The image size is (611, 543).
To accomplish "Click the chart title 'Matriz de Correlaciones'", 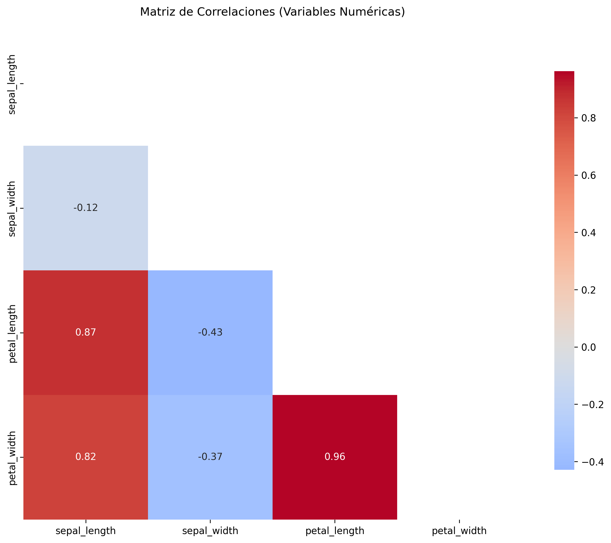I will tap(272, 12).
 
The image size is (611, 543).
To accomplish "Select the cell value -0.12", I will tap(86, 207).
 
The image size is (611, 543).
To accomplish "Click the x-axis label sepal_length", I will tap(86, 531).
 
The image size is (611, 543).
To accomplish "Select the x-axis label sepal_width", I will tap(210, 531).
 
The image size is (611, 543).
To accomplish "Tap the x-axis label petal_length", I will tap(335, 531).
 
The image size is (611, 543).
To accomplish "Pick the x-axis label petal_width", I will tap(459, 531).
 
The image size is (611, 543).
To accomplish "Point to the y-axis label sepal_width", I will tap(12, 209).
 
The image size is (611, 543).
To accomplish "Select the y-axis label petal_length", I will tap(12, 334).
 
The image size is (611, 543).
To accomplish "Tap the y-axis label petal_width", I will tap(12, 458).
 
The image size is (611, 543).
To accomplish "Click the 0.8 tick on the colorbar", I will tap(588, 118).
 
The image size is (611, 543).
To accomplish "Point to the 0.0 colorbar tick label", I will tap(588, 347).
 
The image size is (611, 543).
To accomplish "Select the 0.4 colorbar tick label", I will tap(588, 233).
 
